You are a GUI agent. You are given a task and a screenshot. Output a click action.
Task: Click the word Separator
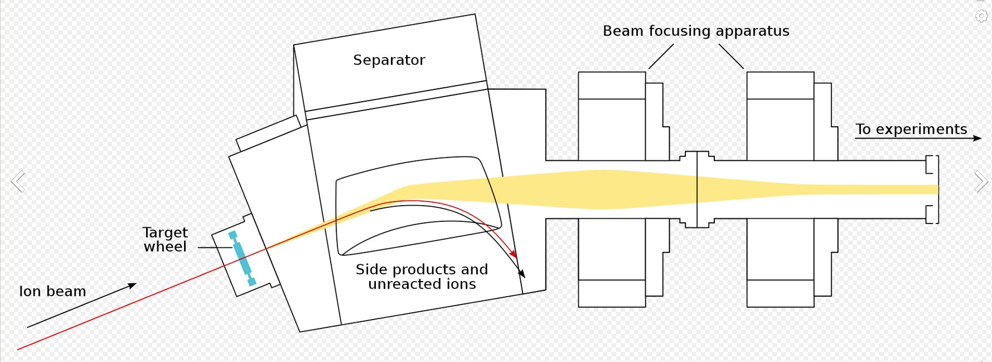tap(389, 60)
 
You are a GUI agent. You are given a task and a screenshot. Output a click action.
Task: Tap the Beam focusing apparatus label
tap(695, 31)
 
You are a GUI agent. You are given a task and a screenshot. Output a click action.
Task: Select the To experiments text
tap(911, 129)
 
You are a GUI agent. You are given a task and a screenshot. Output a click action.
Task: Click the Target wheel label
tap(165, 240)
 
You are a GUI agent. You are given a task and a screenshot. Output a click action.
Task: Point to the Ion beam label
tap(52, 291)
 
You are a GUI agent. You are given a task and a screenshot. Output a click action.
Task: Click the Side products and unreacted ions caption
tap(422, 277)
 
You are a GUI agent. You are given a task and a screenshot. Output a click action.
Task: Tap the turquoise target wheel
tap(243, 258)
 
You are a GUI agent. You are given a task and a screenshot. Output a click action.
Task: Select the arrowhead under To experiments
tap(977, 138)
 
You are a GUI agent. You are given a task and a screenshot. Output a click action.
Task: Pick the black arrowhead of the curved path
tap(522, 274)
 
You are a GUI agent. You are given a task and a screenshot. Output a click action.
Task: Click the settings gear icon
tap(981, 16)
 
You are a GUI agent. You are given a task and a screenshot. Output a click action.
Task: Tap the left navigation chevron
tap(18, 182)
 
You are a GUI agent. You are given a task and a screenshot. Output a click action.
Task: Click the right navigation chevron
tap(981, 182)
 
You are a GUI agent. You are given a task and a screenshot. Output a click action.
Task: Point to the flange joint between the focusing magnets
tap(697, 189)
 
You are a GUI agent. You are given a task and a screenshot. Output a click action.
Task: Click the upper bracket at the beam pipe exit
tap(932, 164)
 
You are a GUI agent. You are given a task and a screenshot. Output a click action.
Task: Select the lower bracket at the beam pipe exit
tap(932, 214)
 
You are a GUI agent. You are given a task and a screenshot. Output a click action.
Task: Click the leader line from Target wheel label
tap(215, 247)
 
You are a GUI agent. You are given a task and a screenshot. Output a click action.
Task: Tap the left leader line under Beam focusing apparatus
tap(661, 56)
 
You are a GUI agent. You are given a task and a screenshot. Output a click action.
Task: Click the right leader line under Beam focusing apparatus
tap(731, 56)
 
